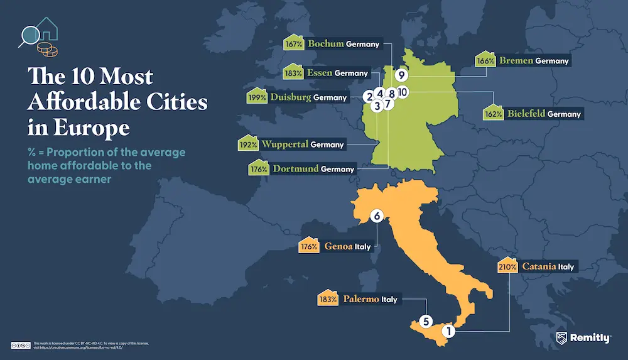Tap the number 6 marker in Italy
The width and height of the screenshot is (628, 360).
(377, 216)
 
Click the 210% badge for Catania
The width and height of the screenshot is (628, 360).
(507, 266)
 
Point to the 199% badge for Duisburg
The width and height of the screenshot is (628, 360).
(256, 97)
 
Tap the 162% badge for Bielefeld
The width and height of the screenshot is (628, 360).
(494, 114)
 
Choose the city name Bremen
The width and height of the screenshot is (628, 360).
(516, 61)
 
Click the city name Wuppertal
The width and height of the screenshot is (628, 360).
(285, 145)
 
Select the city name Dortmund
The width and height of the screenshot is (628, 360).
(295, 169)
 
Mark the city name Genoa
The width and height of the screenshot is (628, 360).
(338, 247)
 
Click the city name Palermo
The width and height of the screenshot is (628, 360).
(361, 299)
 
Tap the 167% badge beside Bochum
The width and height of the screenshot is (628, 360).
(293, 45)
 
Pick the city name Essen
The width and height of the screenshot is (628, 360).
(319, 73)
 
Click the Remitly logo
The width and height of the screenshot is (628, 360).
(583, 338)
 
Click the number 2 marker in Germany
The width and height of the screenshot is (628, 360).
(369, 96)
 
